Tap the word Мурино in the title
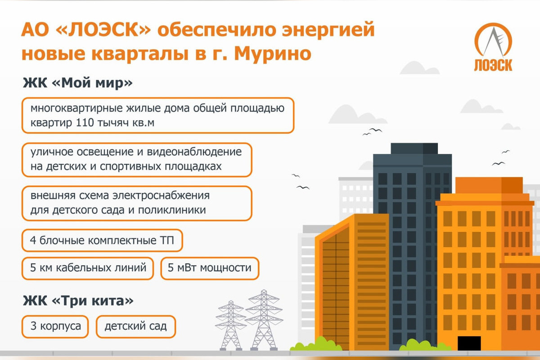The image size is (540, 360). pyautogui.click(x=273, y=54)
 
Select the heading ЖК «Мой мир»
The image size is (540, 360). pyautogui.click(x=77, y=83)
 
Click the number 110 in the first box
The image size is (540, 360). pyautogui.click(x=85, y=123)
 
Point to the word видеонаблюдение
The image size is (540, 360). pyautogui.click(x=194, y=152)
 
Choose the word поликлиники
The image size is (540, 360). pyautogui.click(x=172, y=210)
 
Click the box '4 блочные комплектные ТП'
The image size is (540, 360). pyautogui.click(x=102, y=240)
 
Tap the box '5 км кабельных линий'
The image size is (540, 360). pyautogui.click(x=88, y=268)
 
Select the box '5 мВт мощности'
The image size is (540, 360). pyautogui.click(x=210, y=268)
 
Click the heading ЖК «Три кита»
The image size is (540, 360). pyautogui.click(x=78, y=301)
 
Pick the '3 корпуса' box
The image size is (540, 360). pyautogui.click(x=55, y=326)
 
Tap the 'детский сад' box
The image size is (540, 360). pyautogui.click(x=136, y=326)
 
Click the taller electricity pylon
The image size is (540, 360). pyautogui.click(x=264, y=320)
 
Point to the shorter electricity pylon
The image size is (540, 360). pyautogui.click(x=231, y=325)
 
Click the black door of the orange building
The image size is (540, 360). pyautogui.click(x=469, y=343)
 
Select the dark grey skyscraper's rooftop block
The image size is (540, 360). pyautogui.click(x=414, y=148)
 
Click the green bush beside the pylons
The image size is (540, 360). pyautogui.click(x=316, y=344)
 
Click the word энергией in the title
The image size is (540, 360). pyautogui.click(x=328, y=30)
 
